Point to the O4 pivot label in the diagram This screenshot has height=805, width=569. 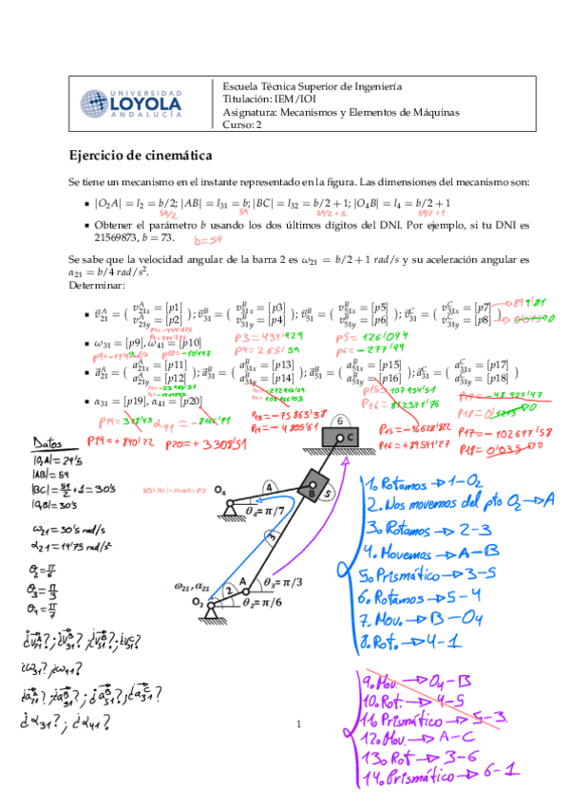pyautogui.click(x=219, y=491)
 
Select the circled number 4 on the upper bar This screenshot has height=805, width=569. pyautogui.click(x=269, y=486)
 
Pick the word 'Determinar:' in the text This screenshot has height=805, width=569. pyautogui.click(x=97, y=285)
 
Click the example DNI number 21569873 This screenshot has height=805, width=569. pyautogui.click(x=94, y=237)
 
